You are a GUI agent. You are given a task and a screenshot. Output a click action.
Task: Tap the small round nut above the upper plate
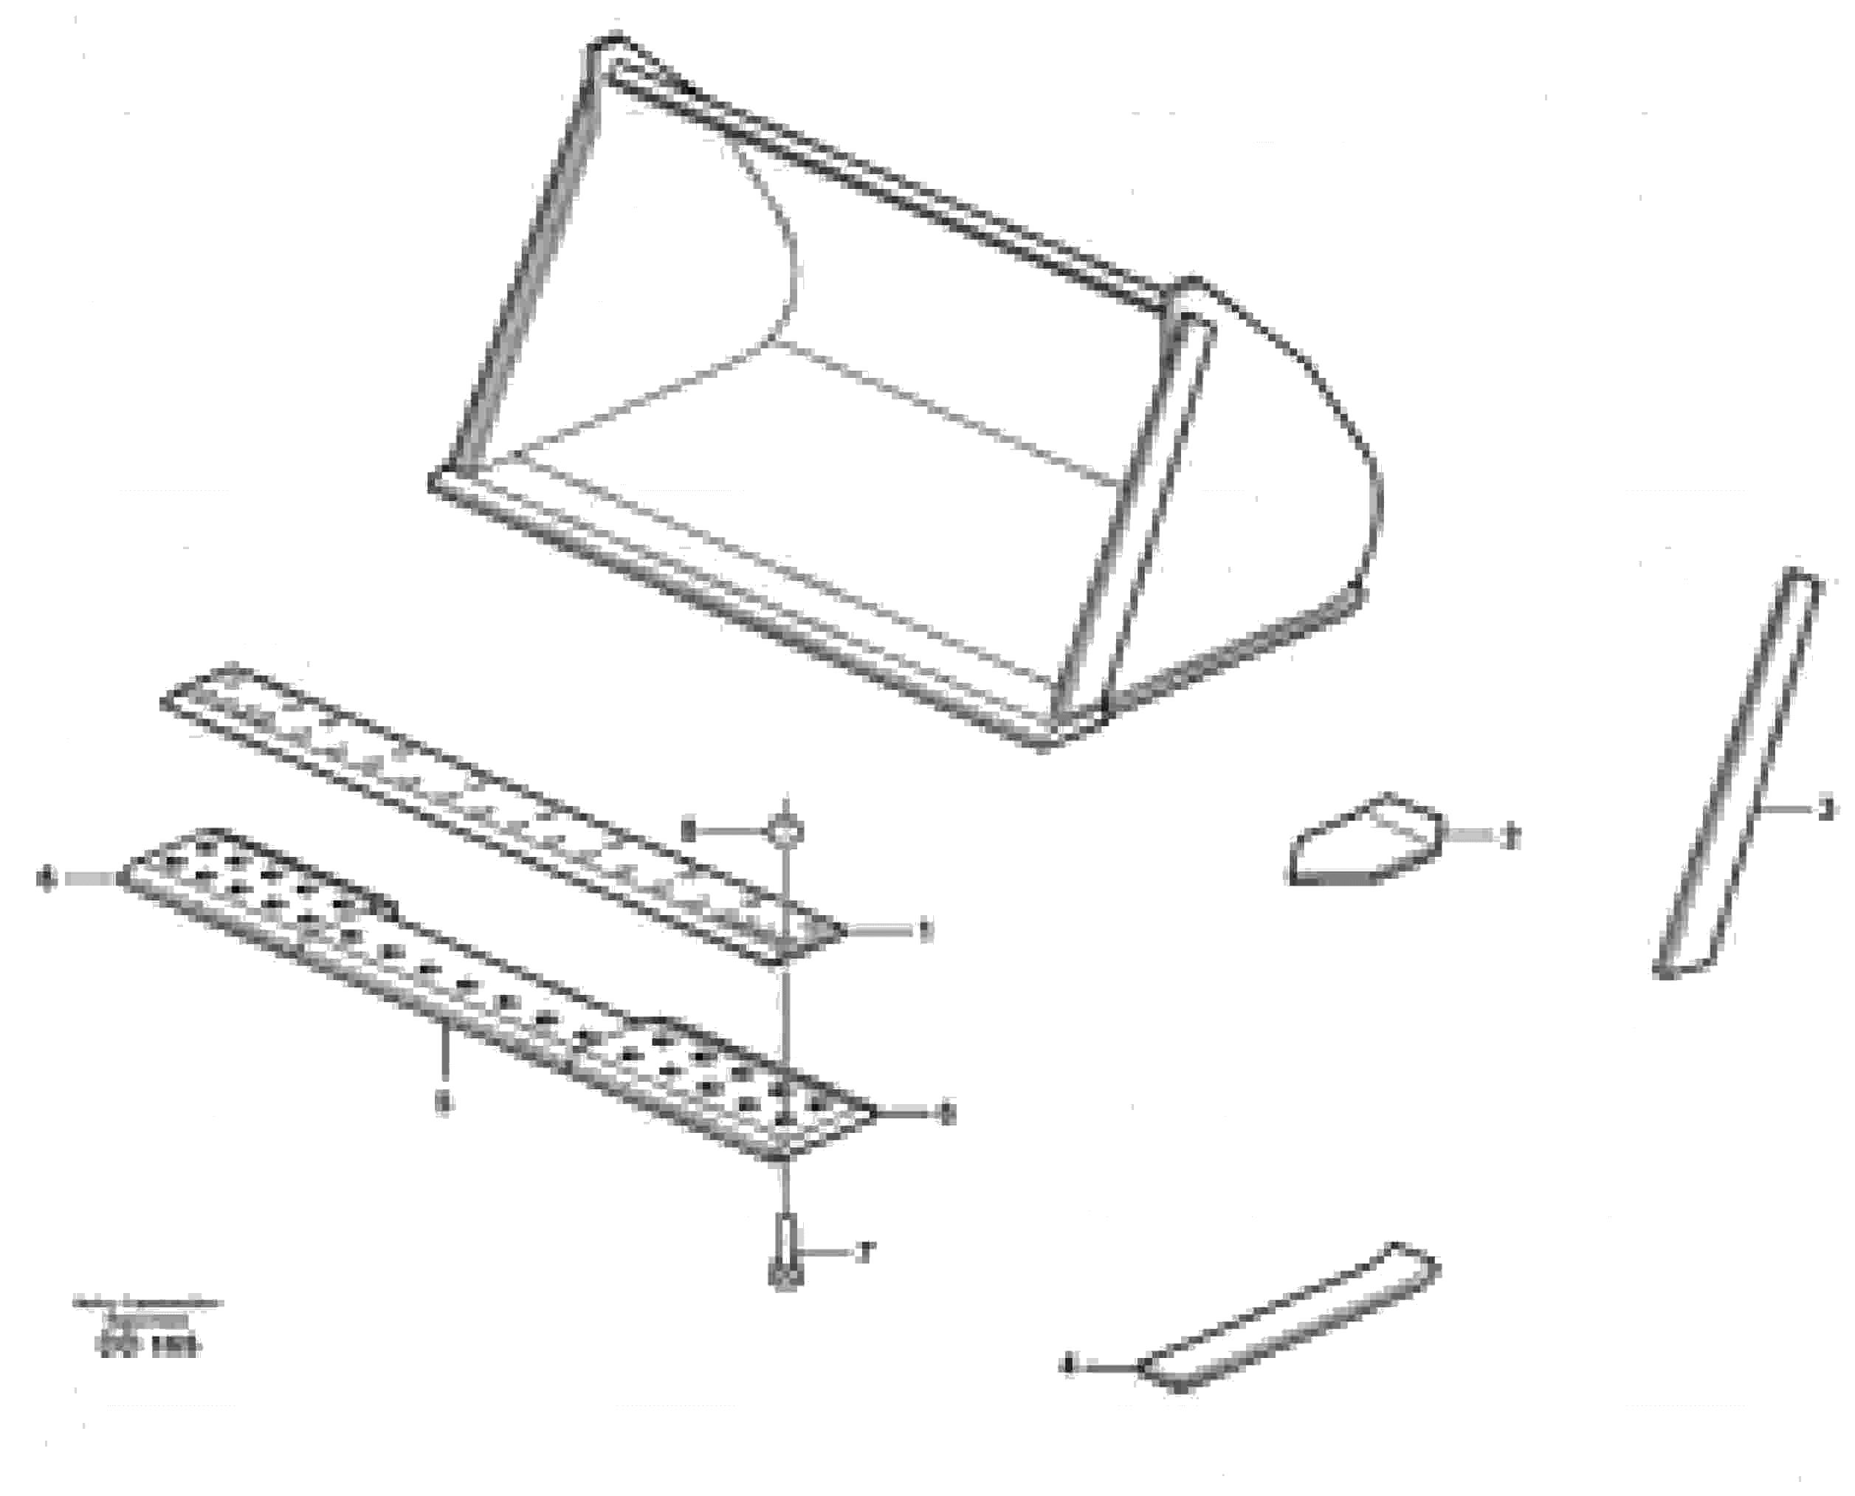pos(785,832)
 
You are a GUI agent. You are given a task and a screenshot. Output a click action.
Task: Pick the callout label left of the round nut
pos(688,832)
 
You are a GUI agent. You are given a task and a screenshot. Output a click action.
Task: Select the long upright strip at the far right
pos(1736,776)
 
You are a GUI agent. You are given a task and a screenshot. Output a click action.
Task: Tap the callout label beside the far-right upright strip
pos(1825,810)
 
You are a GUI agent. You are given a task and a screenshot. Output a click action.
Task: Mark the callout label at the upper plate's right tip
pos(926,931)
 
